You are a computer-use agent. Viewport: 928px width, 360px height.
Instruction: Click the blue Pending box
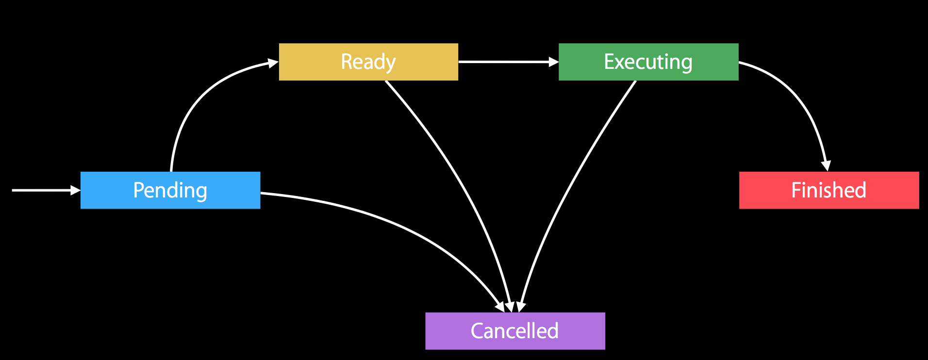(x=170, y=190)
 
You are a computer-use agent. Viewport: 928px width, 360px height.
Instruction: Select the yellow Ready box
(x=368, y=62)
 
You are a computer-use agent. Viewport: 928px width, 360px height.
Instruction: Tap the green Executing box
(x=648, y=62)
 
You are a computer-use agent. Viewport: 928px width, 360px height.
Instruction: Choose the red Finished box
(x=829, y=190)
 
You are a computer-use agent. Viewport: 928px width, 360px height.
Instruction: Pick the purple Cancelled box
(x=515, y=331)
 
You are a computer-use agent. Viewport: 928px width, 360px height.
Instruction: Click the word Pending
(x=170, y=191)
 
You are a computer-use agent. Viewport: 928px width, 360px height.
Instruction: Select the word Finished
(x=829, y=190)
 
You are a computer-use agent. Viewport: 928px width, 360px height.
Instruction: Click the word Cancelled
(x=515, y=331)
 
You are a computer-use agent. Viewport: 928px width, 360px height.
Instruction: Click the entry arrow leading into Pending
(x=46, y=190)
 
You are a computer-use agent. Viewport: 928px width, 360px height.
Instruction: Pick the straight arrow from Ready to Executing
(x=508, y=62)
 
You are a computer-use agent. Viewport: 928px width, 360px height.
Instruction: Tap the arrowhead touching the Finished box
(x=826, y=166)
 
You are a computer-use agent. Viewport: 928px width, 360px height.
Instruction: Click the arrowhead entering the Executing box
(x=553, y=62)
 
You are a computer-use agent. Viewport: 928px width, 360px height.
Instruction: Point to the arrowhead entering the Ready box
(x=273, y=63)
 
